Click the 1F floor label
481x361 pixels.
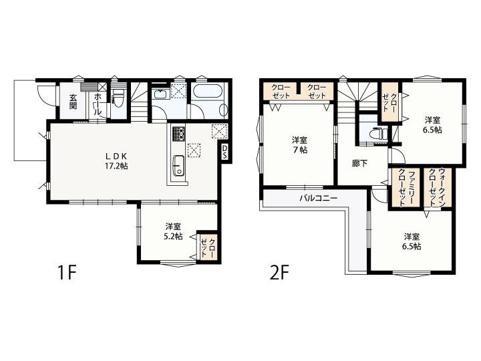coord(67,273)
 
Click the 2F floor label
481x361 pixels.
coord(280,273)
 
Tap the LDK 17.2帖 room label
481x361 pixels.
coord(116,161)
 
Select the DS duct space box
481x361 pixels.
coord(225,152)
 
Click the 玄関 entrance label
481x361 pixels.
coord(73,102)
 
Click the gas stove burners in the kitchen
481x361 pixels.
coord(178,134)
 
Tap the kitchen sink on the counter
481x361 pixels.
coord(178,166)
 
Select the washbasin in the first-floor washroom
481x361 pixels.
coord(160,93)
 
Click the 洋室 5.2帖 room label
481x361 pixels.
coord(174,231)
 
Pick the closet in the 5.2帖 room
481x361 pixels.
coord(208,247)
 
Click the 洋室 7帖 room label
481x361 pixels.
coord(300,145)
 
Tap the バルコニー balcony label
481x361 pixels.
coord(319,198)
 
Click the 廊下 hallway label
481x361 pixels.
coord(359,163)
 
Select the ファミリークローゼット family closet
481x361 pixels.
coord(406,188)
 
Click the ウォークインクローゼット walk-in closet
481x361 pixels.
coord(438,188)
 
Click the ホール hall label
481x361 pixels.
coord(98,104)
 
